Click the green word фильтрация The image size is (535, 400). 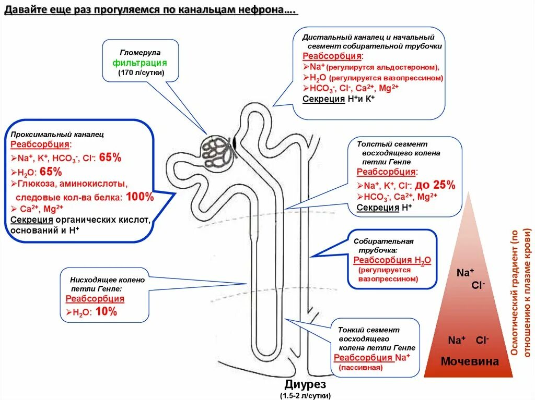(x=140, y=63)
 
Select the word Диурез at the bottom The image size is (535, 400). (x=306, y=385)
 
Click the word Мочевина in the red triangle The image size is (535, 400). (x=470, y=361)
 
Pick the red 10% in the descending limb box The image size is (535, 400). (x=107, y=312)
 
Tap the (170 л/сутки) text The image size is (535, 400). (x=141, y=72)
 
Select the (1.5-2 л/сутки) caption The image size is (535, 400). (x=305, y=396)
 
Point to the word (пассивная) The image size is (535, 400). (x=360, y=368)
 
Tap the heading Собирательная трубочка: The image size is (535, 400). (x=383, y=246)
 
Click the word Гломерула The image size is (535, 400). (x=141, y=53)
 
